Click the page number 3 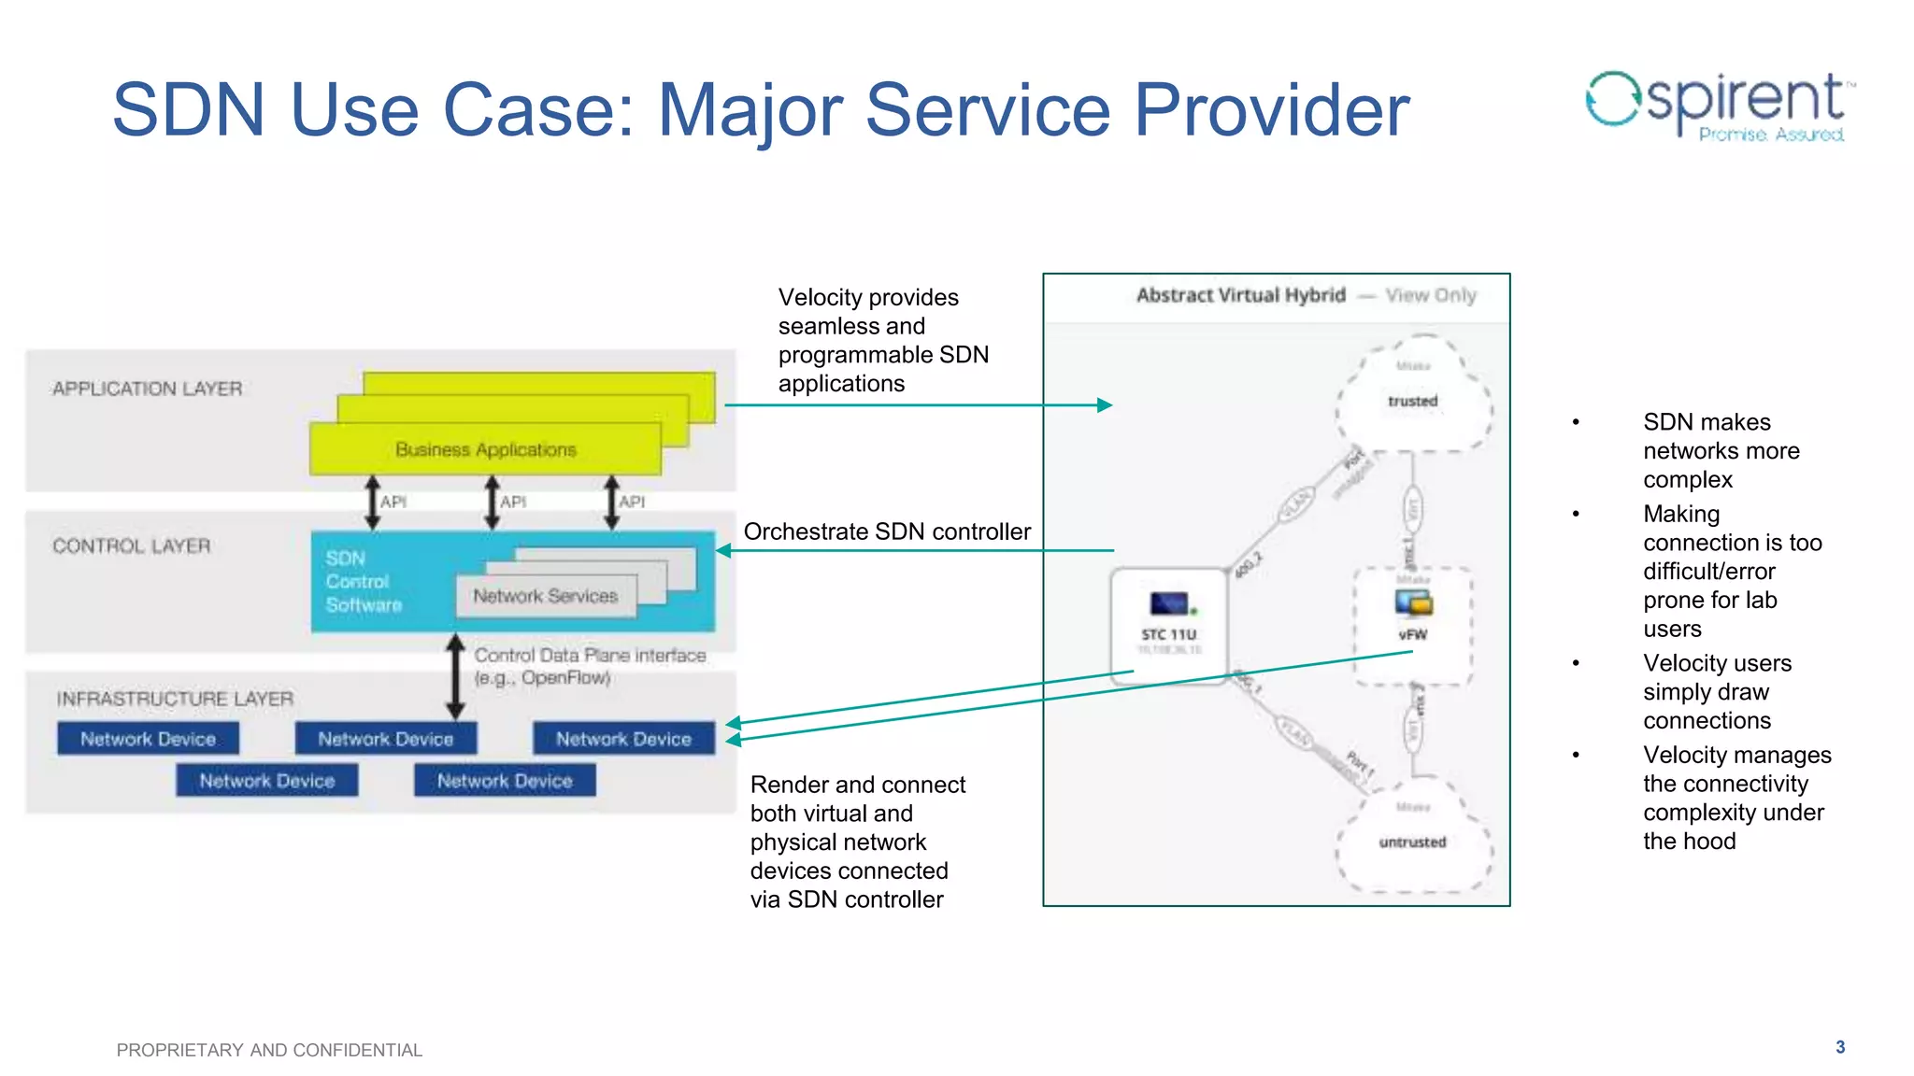click(1839, 1047)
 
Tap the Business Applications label click(485, 450)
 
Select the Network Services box click(545, 596)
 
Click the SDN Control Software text click(363, 582)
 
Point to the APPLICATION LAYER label click(147, 389)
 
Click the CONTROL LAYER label click(131, 545)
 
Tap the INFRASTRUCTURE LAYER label click(175, 699)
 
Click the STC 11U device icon click(1168, 604)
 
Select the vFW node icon click(1413, 605)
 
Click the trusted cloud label click(1412, 401)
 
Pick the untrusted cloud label click(1412, 842)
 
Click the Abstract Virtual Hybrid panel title click(1240, 295)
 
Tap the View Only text click(1430, 295)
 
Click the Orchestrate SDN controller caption click(886, 531)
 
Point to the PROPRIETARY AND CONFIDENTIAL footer click(269, 1050)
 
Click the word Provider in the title click(1271, 110)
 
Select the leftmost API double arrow click(372, 503)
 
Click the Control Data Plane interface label click(589, 666)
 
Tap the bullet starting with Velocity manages click(1736, 798)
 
